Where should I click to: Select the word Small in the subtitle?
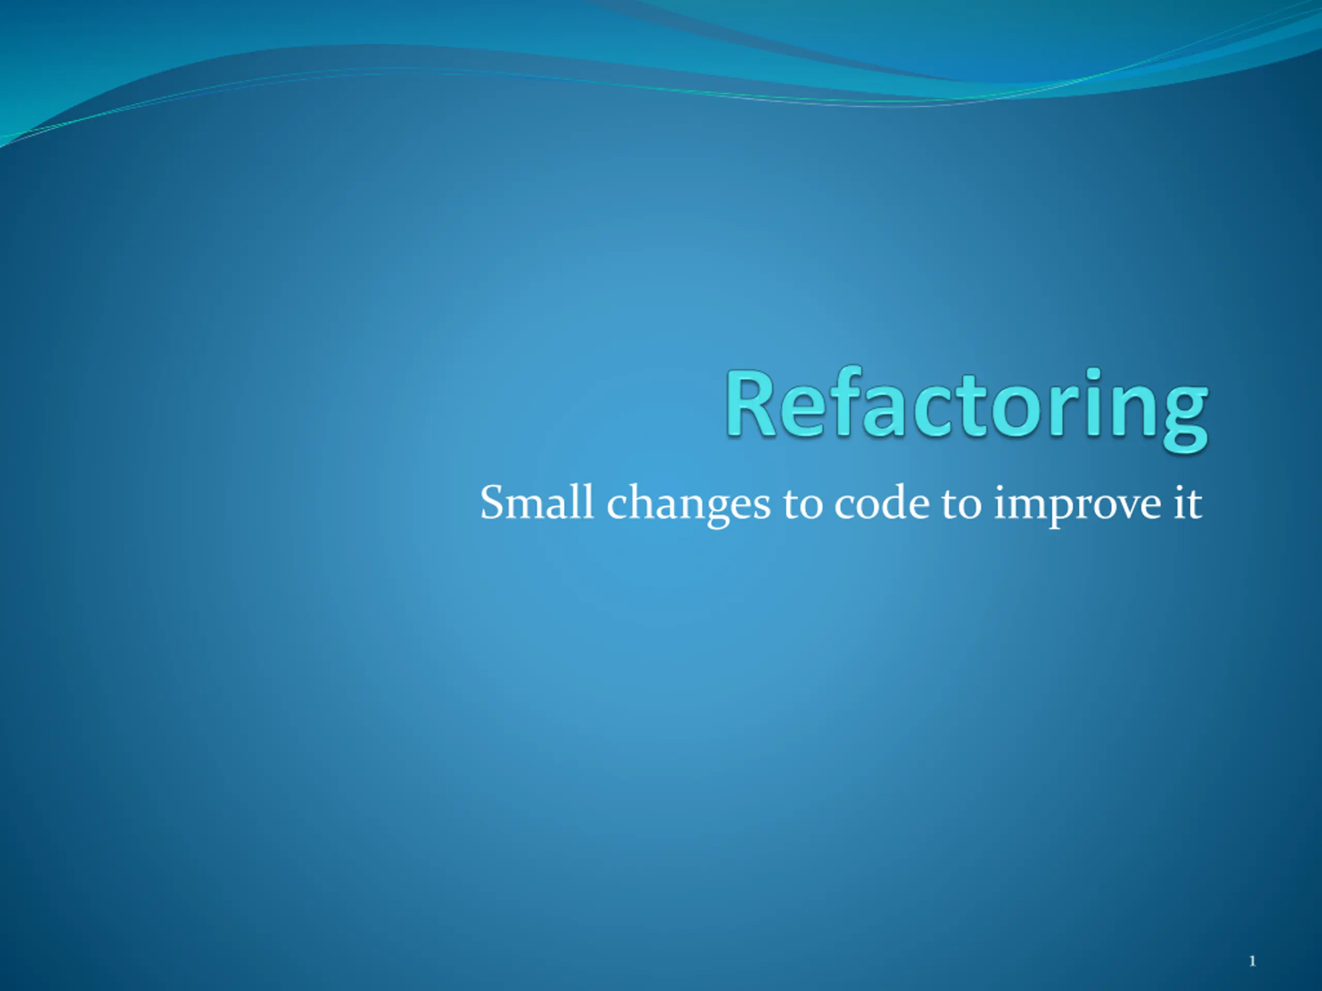[537, 502]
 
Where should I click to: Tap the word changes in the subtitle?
[688, 505]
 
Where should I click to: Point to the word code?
[882, 502]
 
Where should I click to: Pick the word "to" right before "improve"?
[962, 505]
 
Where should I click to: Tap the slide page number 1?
[1252, 961]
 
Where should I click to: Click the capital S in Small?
[494, 502]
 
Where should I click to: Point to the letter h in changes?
[643, 502]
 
